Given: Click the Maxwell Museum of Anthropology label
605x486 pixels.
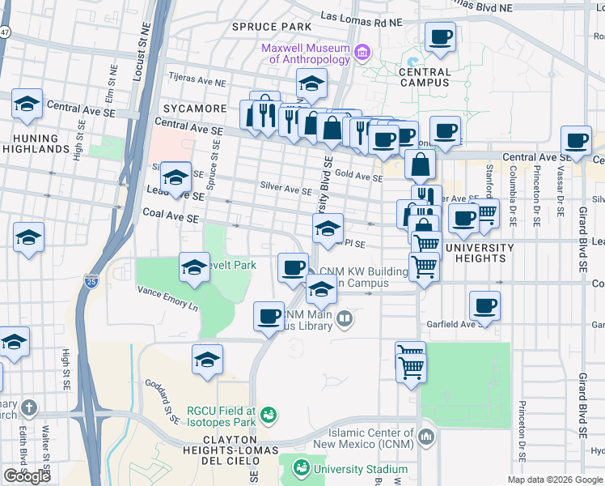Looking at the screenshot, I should click(x=306, y=53).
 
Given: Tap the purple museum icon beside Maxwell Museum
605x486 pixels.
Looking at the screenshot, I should click(x=362, y=54).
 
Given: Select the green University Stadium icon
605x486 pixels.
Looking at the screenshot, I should click(x=301, y=468).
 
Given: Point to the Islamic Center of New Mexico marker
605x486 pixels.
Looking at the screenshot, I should click(x=425, y=438).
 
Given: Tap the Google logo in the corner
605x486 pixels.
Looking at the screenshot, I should click(x=27, y=475).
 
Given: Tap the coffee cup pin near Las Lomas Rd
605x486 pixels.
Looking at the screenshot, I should click(x=441, y=36).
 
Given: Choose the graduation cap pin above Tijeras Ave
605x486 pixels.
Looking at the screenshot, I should click(x=311, y=83).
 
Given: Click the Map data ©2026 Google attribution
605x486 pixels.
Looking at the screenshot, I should click(x=556, y=480).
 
